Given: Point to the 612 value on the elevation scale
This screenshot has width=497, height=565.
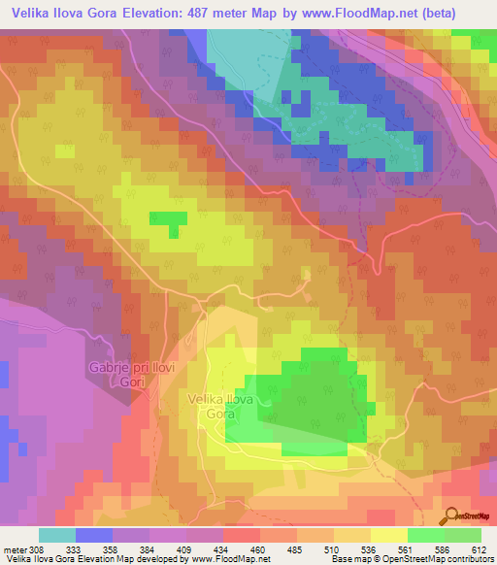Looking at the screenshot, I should coord(478,548).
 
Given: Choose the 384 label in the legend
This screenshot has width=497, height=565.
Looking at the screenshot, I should coord(147,548).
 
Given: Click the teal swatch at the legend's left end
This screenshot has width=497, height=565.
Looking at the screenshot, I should coord(57,536).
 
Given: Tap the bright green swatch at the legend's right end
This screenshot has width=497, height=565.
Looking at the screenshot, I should coord(463,536).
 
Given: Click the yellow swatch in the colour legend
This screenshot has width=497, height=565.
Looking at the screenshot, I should coord(389,536).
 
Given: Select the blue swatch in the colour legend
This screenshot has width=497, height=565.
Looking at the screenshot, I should coord(94,536).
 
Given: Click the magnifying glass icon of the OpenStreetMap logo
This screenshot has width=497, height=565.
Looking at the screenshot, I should coord(450,515).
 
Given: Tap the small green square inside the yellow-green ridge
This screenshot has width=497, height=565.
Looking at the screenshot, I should coord(168,220).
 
